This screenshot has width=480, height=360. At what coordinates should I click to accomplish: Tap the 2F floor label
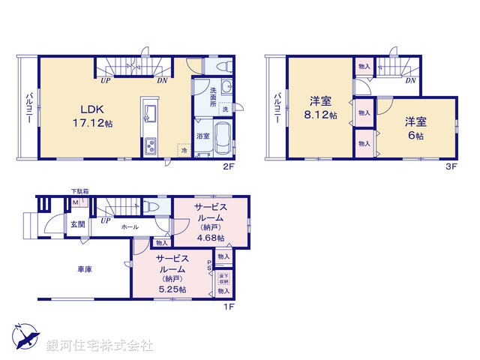point(230,168)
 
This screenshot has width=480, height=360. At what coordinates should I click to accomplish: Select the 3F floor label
point(452,168)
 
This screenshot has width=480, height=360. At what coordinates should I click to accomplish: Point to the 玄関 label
point(78,223)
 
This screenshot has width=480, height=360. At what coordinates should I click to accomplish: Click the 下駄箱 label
point(79,192)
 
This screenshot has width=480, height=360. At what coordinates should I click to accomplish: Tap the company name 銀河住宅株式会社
point(100,346)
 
